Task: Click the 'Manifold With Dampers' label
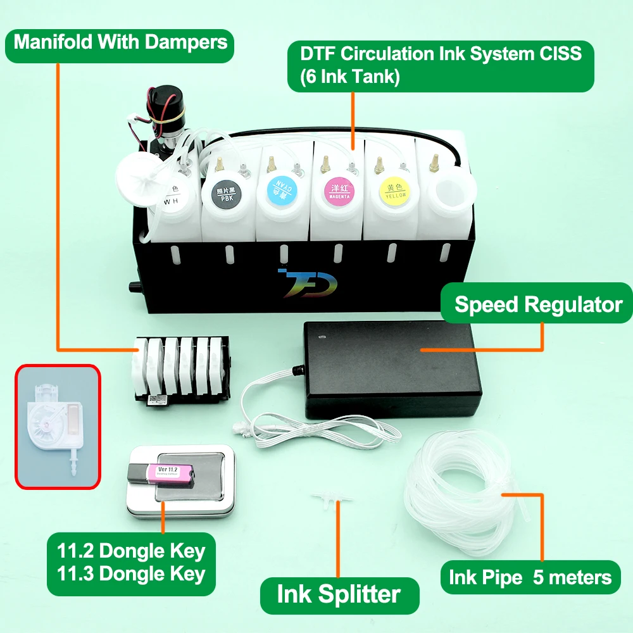tap(120, 42)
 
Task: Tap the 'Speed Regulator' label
tap(538, 304)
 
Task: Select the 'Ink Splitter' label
tap(339, 594)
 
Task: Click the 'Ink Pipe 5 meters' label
tap(530, 577)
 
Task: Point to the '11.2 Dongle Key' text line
tap(131, 551)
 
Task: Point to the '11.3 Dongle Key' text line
tap(131, 573)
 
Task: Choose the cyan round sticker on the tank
tap(279, 188)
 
